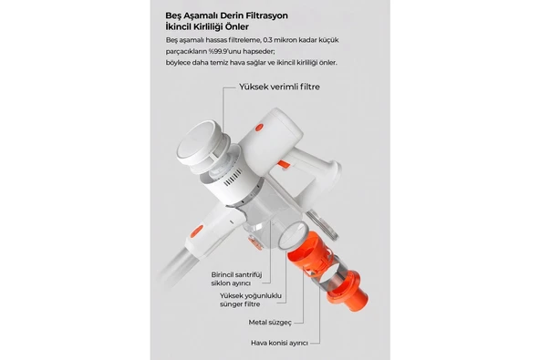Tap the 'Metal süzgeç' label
point(270,321)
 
